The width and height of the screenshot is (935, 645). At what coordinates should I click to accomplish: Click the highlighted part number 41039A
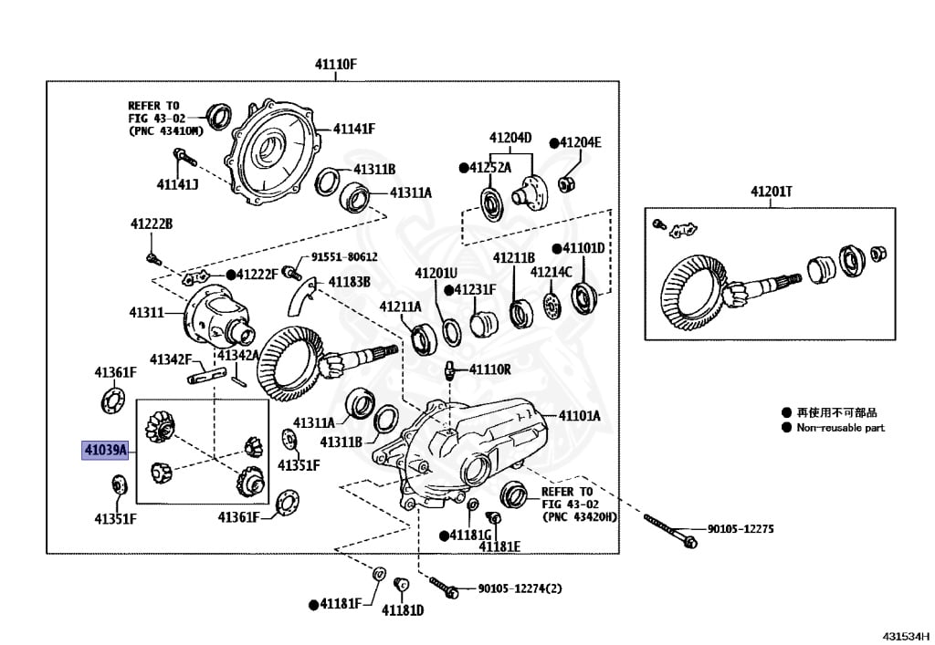(105, 450)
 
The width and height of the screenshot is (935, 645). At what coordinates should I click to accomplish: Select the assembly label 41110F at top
(336, 65)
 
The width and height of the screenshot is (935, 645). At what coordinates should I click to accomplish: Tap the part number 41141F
(354, 129)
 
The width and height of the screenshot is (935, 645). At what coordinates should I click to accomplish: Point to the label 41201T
(771, 192)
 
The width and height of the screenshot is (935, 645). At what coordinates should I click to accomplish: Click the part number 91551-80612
(344, 257)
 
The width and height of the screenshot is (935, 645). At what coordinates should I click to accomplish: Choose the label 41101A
(580, 416)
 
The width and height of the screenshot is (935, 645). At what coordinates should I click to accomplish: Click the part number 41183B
(350, 282)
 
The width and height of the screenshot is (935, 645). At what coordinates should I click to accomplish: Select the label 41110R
(489, 369)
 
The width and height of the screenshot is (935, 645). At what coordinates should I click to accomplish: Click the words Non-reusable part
(840, 428)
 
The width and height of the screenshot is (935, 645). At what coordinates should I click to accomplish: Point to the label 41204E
(581, 142)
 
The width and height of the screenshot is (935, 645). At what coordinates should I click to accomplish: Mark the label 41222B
(152, 224)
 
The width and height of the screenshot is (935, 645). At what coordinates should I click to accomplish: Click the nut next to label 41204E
(567, 183)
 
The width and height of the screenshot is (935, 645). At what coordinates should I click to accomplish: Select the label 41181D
(403, 610)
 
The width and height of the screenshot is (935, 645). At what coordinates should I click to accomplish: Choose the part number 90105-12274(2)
(520, 588)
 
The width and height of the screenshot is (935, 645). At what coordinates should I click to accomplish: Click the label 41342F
(171, 359)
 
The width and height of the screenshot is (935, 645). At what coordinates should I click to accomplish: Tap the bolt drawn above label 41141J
(184, 157)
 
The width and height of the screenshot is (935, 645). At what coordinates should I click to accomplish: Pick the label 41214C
(551, 272)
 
